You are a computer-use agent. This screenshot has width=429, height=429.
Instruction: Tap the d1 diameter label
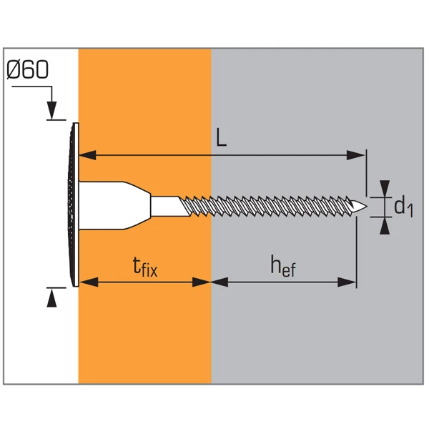coord(403,207)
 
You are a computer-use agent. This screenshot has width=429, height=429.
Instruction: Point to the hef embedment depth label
coord(284,267)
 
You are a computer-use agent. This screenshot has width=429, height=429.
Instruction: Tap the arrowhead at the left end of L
coord(85,154)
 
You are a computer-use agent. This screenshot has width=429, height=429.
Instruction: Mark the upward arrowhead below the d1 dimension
coord(385,225)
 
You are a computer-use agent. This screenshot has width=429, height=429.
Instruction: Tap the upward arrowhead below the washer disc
coord(51,299)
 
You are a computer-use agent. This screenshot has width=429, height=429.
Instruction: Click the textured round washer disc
coord(74,206)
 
